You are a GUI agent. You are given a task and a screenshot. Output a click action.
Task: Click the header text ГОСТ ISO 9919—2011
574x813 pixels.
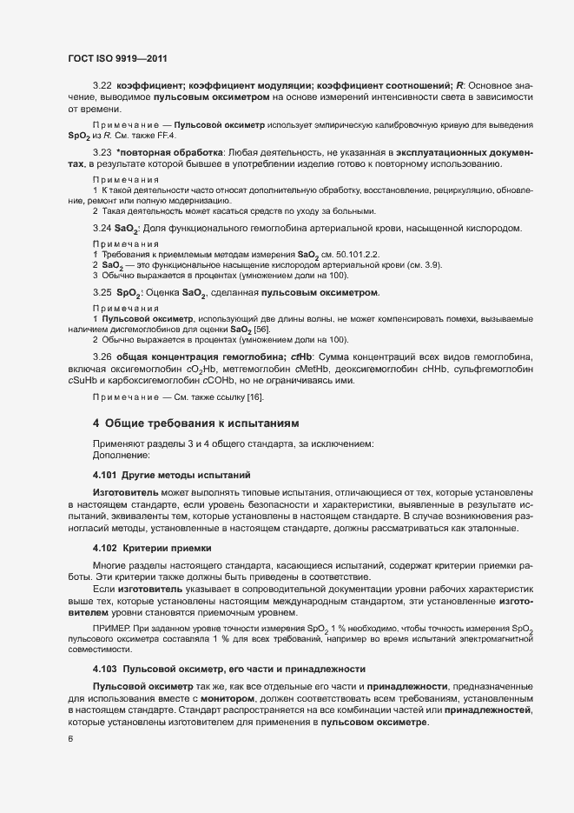click(116, 59)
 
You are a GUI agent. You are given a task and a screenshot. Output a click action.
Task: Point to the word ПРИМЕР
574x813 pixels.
click(109, 628)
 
